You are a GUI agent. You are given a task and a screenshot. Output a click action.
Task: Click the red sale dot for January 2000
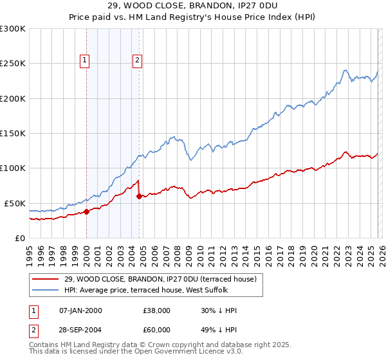click(86, 212)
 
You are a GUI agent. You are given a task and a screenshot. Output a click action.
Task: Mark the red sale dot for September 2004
click(140, 196)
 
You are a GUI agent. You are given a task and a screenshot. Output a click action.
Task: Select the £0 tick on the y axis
click(19, 238)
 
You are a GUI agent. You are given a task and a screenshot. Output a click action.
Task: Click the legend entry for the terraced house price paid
click(160, 279)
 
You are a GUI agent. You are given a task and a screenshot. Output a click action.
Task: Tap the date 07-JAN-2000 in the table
click(80, 310)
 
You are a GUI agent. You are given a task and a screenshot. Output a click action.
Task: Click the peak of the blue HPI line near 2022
click(345, 70)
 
